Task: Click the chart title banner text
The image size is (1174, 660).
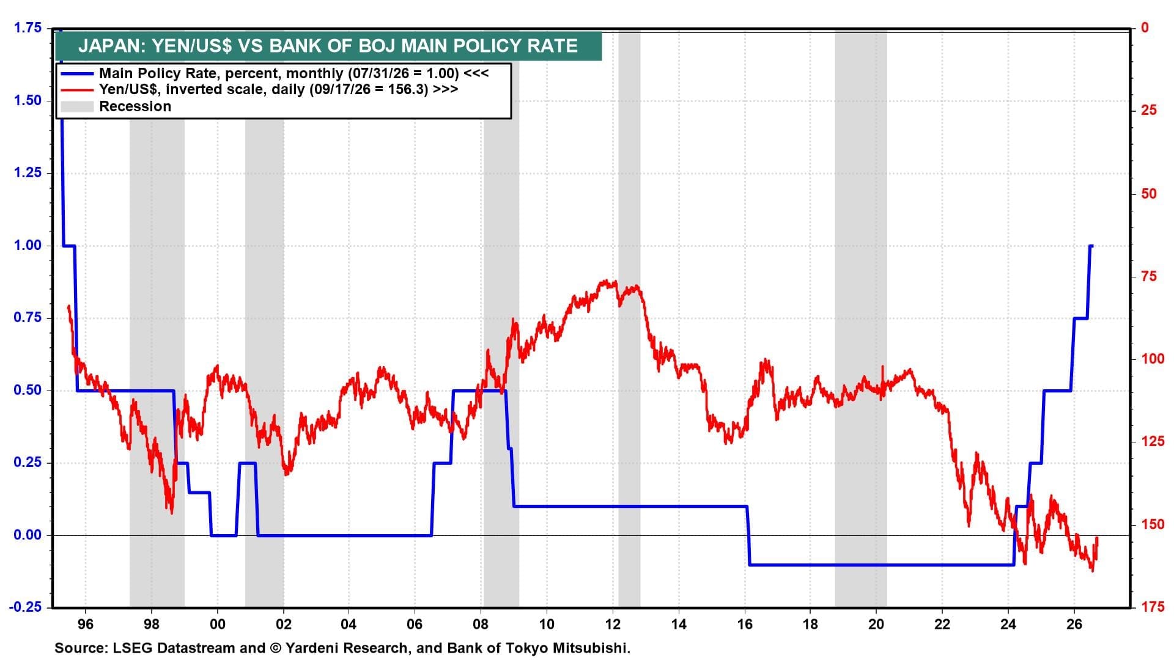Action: coord(328,46)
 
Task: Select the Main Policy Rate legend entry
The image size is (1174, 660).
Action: coord(294,73)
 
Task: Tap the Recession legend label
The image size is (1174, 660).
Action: coord(135,106)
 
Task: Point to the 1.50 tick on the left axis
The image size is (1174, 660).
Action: coord(28,100)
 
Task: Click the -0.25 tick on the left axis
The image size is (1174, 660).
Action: coord(26,607)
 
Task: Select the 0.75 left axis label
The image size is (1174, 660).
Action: coord(28,318)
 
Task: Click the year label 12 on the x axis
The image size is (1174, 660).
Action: coord(613,625)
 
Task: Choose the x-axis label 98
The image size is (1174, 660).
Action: coord(151,625)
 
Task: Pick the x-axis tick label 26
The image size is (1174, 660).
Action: coord(1074,625)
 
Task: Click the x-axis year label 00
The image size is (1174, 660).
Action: coord(217,625)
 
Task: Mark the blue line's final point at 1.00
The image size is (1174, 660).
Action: coord(1092,246)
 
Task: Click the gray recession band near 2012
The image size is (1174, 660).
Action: coord(629,318)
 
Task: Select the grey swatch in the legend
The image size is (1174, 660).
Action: coord(78,107)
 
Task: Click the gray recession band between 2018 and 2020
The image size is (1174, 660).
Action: coord(861,318)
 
